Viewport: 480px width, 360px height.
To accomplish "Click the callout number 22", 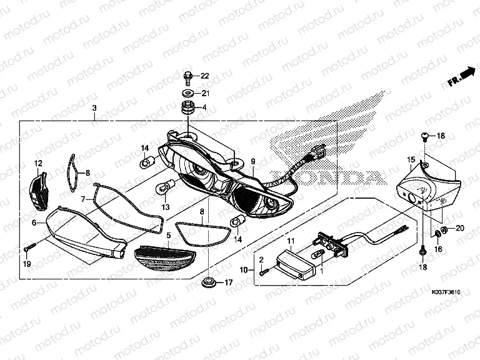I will (204, 76).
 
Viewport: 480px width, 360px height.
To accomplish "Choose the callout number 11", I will (290, 241).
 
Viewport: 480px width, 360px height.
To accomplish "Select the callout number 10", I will (244, 270).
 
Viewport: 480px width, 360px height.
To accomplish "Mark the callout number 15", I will (411, 160).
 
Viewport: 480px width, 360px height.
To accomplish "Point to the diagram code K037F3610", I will (445, 292).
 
